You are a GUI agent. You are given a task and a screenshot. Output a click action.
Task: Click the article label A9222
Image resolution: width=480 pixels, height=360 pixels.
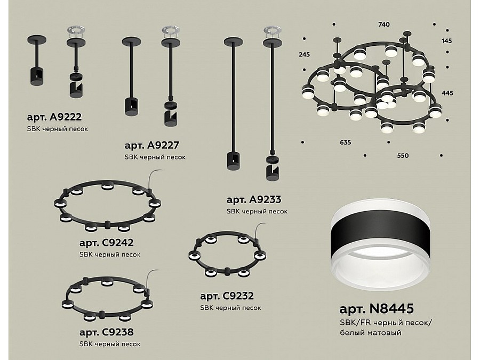click(x=54, y=117)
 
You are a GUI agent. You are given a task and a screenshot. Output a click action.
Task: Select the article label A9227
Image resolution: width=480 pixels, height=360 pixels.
click(x=151, y=145)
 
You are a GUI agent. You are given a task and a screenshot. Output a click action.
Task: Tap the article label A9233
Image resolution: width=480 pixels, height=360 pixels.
click(x=253, y=199)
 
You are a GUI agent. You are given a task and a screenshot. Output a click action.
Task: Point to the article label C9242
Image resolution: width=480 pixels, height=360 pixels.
click(x=106, y=243)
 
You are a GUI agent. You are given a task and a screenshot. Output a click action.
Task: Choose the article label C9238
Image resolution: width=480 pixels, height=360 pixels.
click(x=106, y=332)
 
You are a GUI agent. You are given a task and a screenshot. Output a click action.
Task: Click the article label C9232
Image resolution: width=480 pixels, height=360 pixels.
click(x=227, y=296)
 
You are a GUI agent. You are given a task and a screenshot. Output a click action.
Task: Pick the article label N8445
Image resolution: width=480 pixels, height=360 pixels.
click(x=377, y=309)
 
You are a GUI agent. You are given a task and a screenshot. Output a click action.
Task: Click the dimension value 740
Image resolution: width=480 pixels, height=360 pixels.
click(x=384, y=25)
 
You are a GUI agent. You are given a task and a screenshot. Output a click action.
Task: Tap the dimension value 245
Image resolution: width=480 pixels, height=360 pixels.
click(x=304, y=54)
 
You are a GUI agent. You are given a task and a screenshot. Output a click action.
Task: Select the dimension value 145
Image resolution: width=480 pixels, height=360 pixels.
click(x=446, y=41)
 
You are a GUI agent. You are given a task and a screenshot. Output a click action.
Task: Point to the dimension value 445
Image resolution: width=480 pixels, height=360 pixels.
click(x=447, y=93)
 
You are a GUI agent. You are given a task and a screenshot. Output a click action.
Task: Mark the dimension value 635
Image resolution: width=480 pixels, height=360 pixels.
click(x=345, y=142)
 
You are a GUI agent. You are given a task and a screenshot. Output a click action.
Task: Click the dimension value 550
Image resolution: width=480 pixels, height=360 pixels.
click(x=403, y=156)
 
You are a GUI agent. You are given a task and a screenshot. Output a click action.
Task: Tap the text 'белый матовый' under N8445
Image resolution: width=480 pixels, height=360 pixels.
click(x=371, y=333)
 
